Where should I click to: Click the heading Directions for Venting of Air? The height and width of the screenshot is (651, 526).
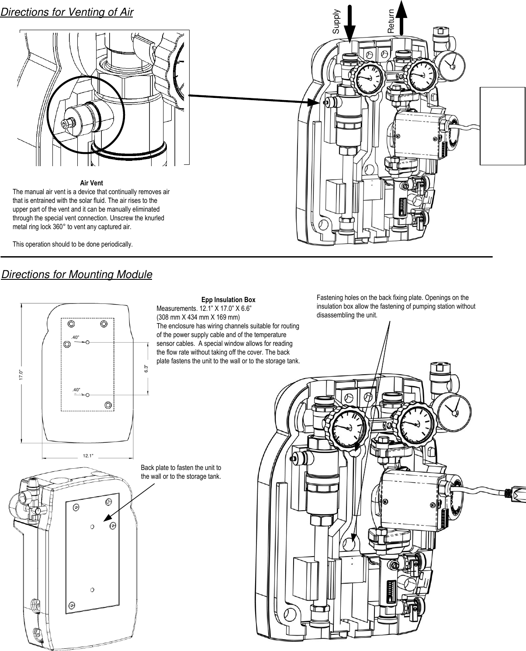click(x=67, y=12)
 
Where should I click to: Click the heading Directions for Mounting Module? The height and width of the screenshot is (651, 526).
click(x=77, y=275)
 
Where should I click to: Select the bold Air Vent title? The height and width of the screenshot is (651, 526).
click(x=91, y=183)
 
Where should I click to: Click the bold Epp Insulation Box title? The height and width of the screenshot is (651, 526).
click(x=228, y=300)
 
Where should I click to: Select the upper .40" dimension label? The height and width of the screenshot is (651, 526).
click(x=75, y=337)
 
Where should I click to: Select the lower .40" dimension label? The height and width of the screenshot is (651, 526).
click(x=76, y=389)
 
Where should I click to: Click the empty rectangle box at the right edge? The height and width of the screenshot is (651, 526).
click(x=502, y=125)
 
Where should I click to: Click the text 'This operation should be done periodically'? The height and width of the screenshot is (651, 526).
click(x=73, y=244)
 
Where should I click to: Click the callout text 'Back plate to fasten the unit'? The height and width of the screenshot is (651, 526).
click(x=181, y=472)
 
